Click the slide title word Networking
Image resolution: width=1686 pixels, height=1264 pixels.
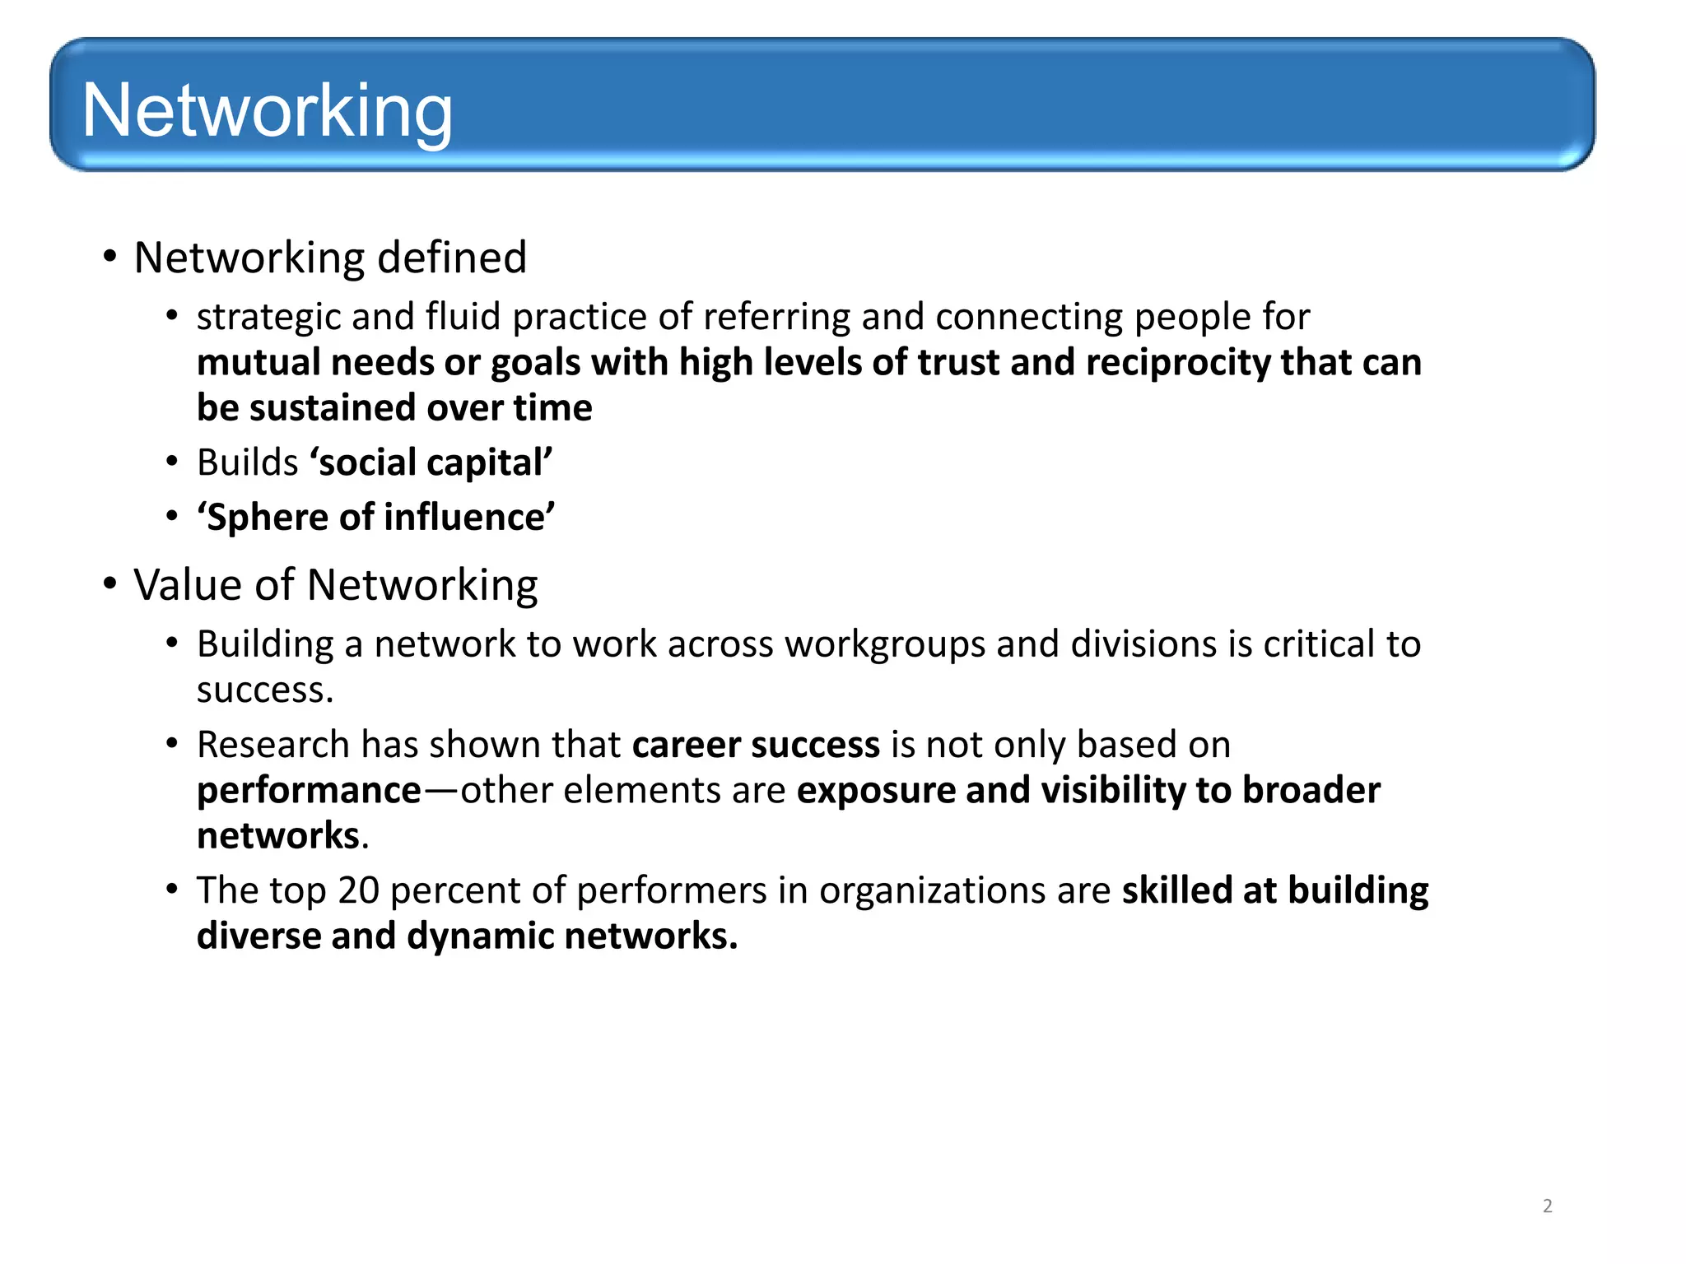click(x=267, y=111)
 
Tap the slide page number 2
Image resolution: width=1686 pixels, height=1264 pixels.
click(x=1547, y=1206)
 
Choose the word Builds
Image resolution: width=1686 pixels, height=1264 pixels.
click(x=247, y=462)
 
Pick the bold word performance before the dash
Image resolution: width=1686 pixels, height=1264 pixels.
click(x=309, y=791)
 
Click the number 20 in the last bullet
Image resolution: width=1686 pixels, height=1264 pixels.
click(x=358, y=890)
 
